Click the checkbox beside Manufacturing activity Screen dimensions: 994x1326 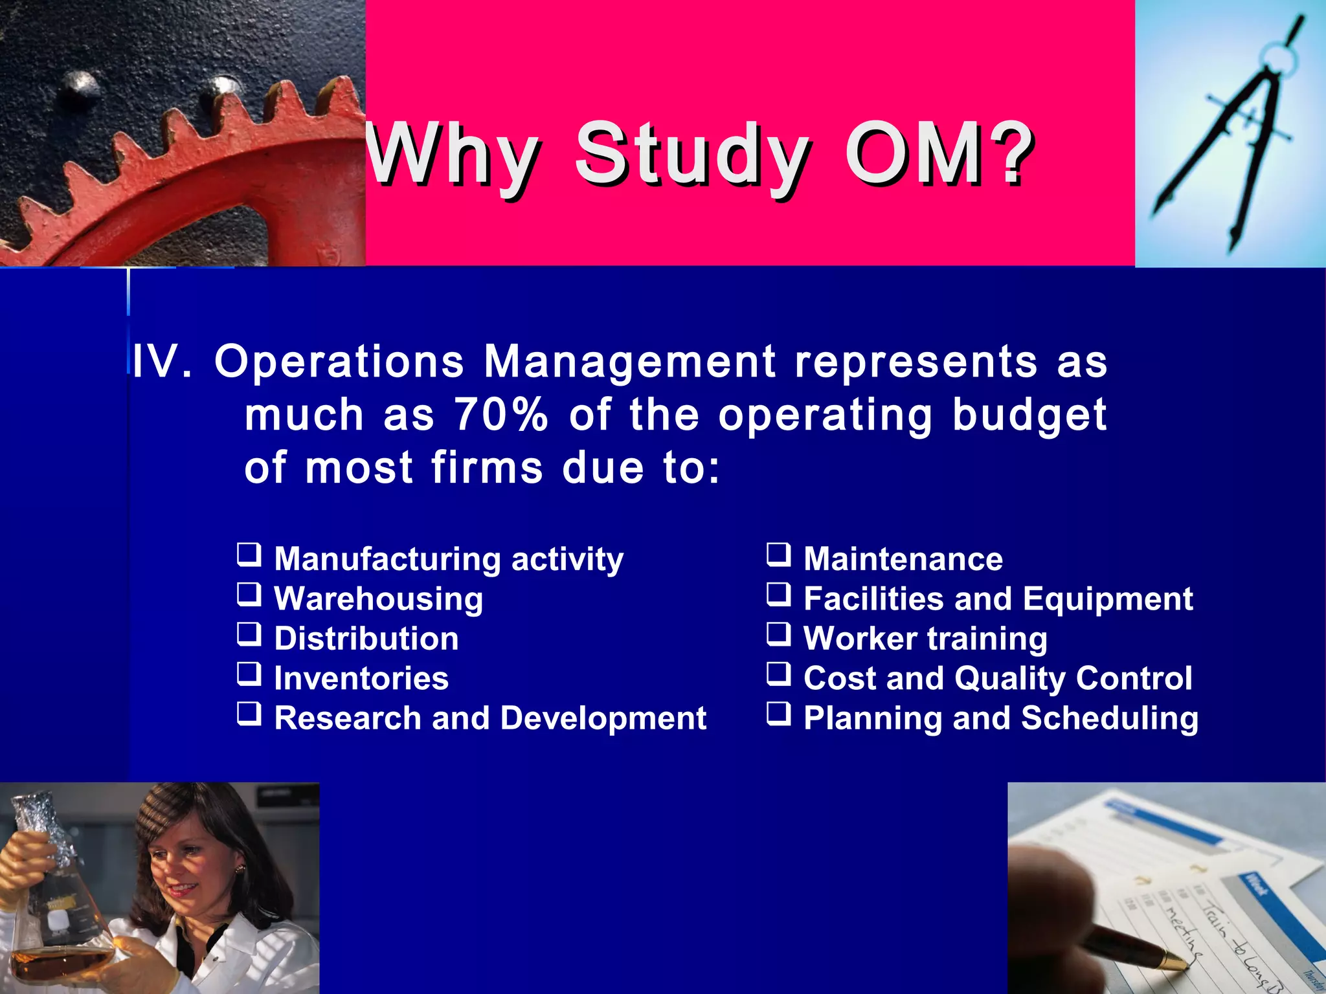[x=249, y=555]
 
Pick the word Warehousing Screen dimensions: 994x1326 [x=378, y=599]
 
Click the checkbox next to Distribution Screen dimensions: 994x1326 [x=249, y=635]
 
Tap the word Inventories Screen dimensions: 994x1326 [x=361, y=678]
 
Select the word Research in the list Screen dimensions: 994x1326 [x=348, y=718]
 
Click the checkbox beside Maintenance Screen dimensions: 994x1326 [x=779, y=555]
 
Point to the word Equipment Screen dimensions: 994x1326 [x=1108, y=599]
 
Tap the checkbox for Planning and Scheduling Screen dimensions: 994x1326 [x=779, y=714]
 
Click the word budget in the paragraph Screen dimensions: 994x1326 [x=1029, y=415]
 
